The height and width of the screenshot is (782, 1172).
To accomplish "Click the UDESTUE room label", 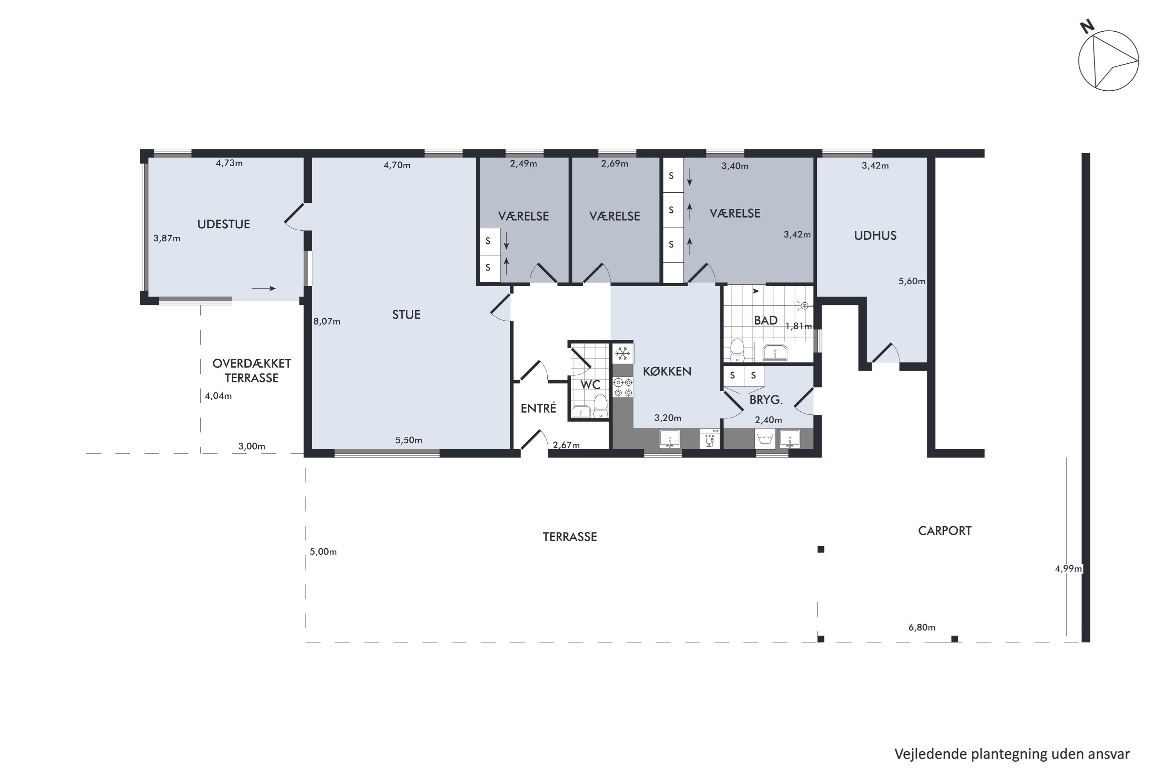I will point(223,224).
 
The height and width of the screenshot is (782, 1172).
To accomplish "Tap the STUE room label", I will point(406,315).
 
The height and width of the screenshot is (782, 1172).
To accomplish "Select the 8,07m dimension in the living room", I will point(327,322).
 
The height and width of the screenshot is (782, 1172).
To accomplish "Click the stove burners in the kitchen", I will point(623,387).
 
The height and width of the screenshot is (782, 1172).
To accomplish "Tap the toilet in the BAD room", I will point(736,350).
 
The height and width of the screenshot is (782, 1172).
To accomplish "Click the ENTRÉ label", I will point(538,409).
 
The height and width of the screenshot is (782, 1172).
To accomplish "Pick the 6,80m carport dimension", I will point(921,628).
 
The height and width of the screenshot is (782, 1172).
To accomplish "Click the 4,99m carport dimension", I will point(1068,569).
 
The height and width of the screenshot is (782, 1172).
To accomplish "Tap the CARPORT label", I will point(944,531).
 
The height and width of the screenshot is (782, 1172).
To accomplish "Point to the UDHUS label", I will point(875,235).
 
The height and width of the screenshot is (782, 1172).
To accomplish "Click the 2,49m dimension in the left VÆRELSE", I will point(523,163).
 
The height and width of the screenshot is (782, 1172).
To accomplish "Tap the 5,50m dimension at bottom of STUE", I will point(409,440).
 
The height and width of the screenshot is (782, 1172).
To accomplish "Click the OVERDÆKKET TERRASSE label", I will point(252,371).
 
